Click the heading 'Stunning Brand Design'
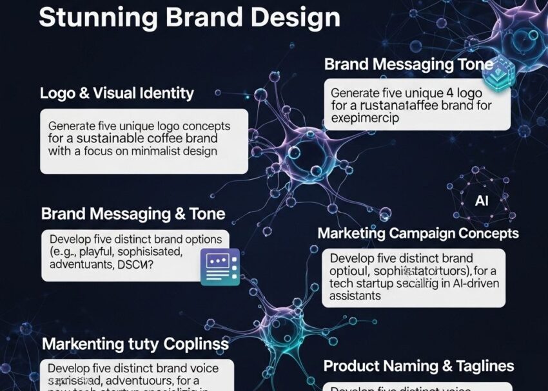point(189,17)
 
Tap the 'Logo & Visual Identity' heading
point(117,93)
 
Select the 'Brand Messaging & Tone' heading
point(133,214)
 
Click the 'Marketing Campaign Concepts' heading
point(418,233)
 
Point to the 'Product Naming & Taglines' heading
point(418,367)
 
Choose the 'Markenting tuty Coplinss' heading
point(135,344)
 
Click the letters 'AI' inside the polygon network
point(482,200)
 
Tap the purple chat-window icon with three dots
point(220,267)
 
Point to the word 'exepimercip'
point(365,119)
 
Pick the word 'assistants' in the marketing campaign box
point(355,296)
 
